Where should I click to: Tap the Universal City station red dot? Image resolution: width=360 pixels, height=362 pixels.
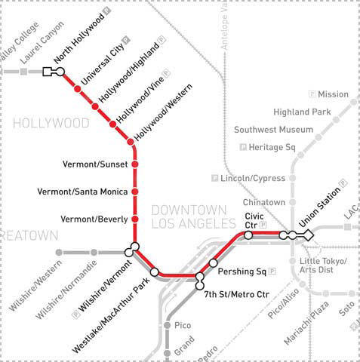pyautogui.click(x=77, y=90)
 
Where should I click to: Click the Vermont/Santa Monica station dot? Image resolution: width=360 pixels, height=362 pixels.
pyautogui.click(x=135, y=192)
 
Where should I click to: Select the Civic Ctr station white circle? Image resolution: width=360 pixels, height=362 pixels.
pyautogui.click(x=248, y=235)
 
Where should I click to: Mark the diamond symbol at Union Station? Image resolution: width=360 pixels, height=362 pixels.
pyautogui.click(x=308, y=236)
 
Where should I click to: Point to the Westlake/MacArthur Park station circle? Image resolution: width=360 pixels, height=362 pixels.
pyautogui.click(x=154, y=271)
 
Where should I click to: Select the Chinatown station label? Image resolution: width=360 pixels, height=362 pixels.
pyautogui.click(x=264, y=203)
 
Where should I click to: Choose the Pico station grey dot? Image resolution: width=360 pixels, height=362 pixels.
pyautogui.click(x=168, y=325)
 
